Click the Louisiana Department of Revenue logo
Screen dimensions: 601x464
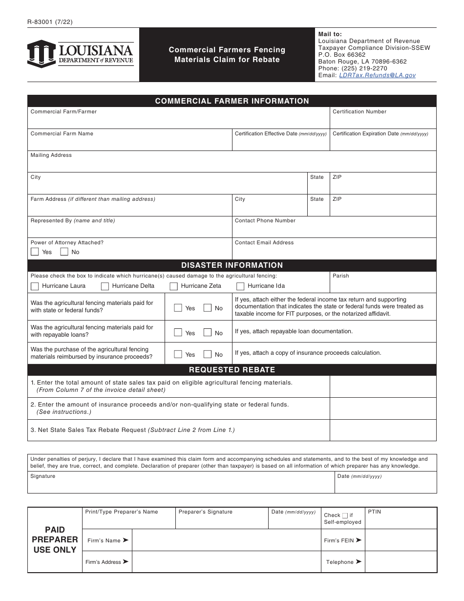[x=80, y=54]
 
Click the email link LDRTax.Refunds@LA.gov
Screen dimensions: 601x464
[x=377, y=75]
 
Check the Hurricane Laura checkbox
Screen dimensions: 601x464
[x=35, y=286]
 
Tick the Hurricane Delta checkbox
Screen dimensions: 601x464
[x=105, y=286]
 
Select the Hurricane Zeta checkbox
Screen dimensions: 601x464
[x=173, y=286]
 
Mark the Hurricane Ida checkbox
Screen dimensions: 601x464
[x=240, y=286]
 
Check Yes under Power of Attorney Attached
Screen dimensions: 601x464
[x=35, y=252]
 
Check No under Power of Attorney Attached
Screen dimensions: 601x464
[x=64, y=252]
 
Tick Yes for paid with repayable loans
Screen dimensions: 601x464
[x=178, y=333]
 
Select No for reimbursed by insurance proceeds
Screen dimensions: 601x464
[x=208, y=355]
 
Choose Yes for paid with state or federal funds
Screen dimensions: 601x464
[x=178, y=308]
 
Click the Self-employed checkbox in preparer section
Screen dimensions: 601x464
[x=345, y=515]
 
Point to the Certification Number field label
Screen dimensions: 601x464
[x=359, y=112]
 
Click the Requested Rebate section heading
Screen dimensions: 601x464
[x=232, y=370]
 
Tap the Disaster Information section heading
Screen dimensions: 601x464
[x=232, y=265]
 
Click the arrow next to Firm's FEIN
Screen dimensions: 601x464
[x=359, y=540]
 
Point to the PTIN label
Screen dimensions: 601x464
[x=374, y=512]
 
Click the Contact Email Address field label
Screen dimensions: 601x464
[x=264, y=243]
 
